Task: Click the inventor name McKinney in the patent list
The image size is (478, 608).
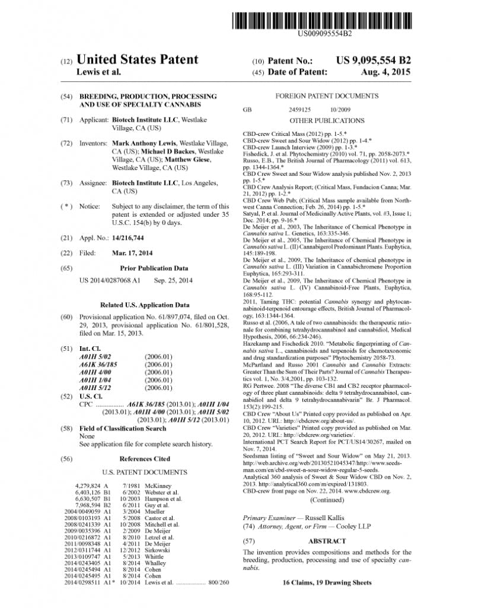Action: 157,486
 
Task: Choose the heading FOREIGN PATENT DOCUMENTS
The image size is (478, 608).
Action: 327,96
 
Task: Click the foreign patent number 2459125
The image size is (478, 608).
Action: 300,110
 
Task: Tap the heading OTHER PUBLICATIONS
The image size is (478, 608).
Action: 327,120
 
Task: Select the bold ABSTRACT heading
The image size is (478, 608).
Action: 327,541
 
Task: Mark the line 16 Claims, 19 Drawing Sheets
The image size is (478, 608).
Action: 327,582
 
